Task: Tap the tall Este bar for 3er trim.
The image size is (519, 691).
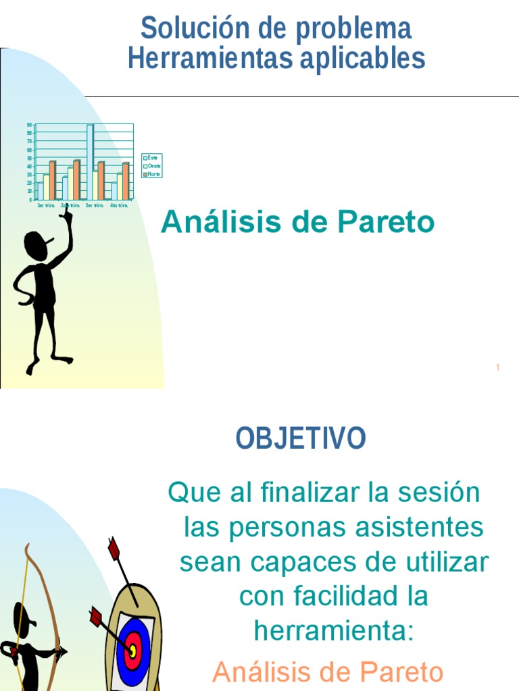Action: point(90,162)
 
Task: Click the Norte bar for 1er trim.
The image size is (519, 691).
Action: point(52,180)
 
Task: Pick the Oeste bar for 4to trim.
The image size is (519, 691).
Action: point(120,186)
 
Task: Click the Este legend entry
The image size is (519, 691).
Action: point(151,158)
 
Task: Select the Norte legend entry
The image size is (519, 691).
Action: point(152,173)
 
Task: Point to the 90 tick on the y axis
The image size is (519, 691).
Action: point(29,125)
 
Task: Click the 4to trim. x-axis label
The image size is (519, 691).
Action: point(119,205)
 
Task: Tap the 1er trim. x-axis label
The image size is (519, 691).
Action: point(46,205)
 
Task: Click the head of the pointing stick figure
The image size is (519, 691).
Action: point(36,246)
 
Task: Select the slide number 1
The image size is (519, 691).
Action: point(497,368)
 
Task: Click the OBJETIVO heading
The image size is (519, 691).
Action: point(301,439)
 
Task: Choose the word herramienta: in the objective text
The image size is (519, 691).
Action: point(332,632)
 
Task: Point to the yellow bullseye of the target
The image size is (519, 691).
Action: point(133,651)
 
